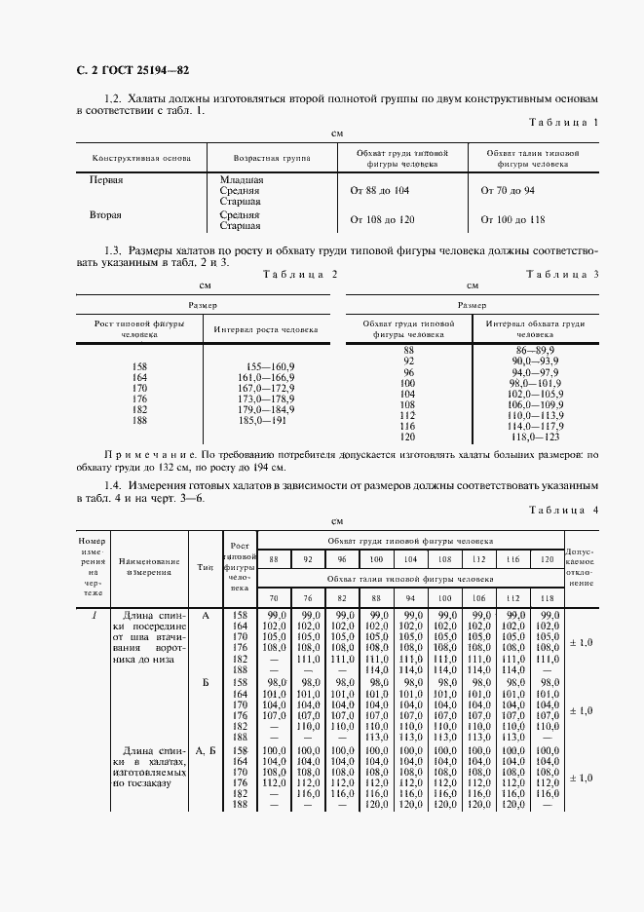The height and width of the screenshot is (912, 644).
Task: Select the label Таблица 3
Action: (x=563, y=275)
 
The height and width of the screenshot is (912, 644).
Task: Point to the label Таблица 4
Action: (x=563, y=510)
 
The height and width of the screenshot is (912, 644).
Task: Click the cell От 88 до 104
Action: (x=379, y=191)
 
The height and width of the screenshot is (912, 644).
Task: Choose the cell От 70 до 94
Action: (x=509, y=191)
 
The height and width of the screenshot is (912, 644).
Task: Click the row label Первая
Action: (x=106, y=180)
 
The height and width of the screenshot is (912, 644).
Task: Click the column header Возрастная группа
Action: (x=259, y=158)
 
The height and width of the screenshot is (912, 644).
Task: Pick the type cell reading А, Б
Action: (x=206, y=750)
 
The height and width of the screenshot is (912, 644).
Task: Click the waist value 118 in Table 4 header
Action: (x=549, y=596)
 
